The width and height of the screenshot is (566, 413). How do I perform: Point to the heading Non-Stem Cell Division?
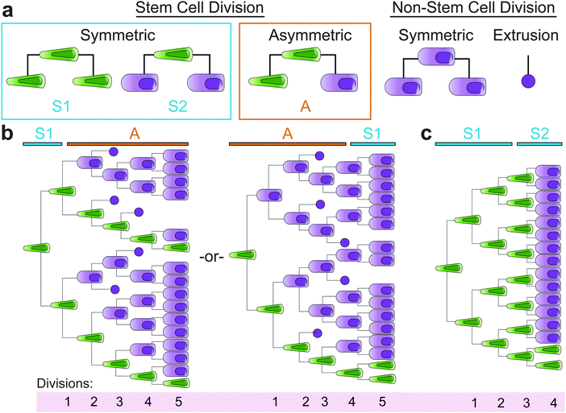(473, 9)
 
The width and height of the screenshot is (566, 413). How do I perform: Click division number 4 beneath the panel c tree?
(551, 401)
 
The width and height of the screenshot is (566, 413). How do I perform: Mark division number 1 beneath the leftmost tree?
(69, 400)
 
